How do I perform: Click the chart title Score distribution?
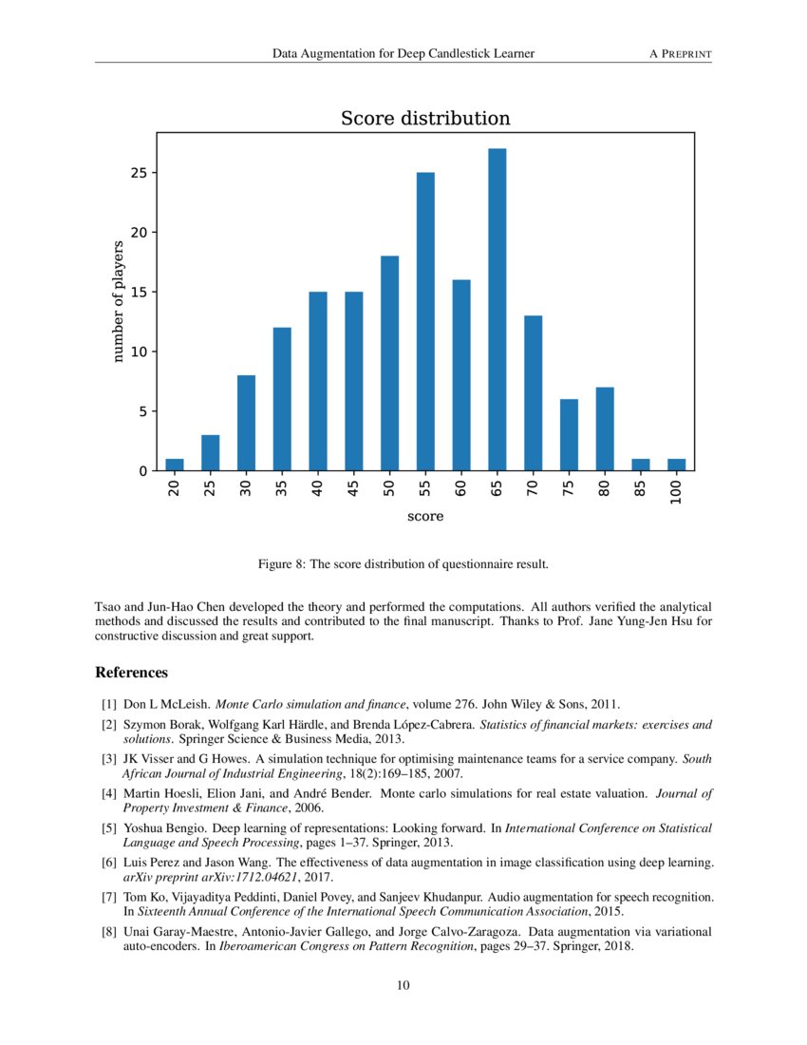coord(425,119)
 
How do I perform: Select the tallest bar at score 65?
coord(497,309)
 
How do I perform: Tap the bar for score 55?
coord(425,321)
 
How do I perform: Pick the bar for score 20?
coord(175,465)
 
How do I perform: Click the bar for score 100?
coord(675,465)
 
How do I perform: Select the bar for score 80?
coord(604,428)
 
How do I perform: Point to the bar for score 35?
coord(282,399)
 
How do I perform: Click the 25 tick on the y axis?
coord(138,173)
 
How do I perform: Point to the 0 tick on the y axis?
coord(141,471)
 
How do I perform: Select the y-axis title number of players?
coord(119,301)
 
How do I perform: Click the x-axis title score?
coord(425,517)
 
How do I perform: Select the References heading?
coord(132,673)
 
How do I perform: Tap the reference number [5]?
coord(108,828)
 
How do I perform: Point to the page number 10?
coord(403,985)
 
